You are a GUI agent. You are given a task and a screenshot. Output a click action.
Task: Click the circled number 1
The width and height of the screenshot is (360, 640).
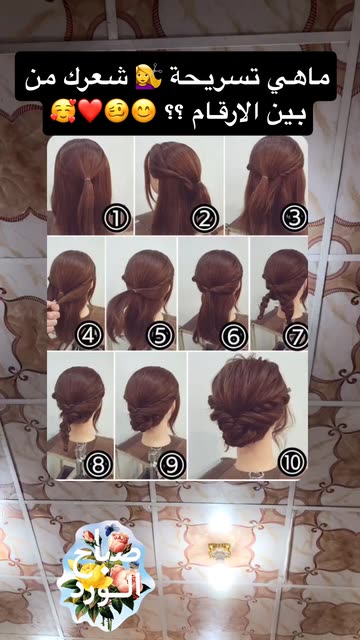(117, 218)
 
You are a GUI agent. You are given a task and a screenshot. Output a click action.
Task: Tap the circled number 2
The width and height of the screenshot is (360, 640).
(205, 218)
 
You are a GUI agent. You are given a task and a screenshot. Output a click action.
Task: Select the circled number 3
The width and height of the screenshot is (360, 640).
(294, 218)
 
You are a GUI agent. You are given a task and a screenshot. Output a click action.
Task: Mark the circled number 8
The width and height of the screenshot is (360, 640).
(98, 464)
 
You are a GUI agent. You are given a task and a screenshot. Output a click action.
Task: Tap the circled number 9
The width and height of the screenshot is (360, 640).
(172, 464)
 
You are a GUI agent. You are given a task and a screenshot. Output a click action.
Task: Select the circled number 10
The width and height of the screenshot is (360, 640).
(292, 462)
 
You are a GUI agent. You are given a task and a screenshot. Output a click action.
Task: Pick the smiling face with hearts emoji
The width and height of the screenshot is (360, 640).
(62, 112)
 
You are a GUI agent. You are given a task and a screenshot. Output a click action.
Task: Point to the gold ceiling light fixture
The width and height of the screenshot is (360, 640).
(217, 551)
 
